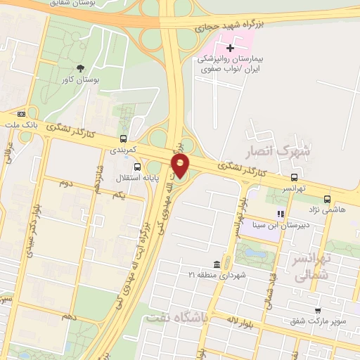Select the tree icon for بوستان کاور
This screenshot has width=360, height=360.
coord(81,68)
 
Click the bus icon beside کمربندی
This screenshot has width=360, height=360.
coord(124,139)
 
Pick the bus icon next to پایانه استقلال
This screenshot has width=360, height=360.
coord(136,167)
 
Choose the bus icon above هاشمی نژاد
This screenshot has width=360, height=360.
coord(326,198)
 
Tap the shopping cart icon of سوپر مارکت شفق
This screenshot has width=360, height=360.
coord(318,310)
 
